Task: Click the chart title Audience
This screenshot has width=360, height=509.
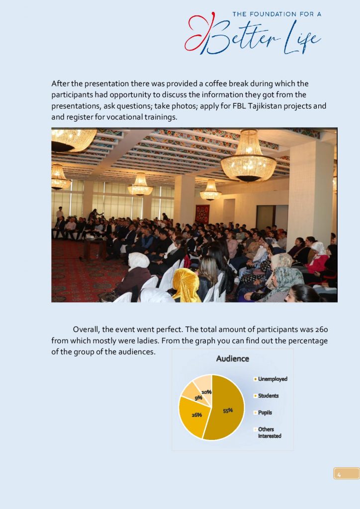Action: click(232, 358)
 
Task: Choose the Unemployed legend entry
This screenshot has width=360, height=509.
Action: click(272, 379)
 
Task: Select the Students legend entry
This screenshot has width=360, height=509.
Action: click(268, 396)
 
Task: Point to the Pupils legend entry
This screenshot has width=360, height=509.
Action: click(265, 413)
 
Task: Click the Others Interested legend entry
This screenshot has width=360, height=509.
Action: click(269, 432)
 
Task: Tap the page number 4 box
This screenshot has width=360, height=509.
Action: click(346, 473)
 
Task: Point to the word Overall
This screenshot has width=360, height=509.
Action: click(87, 330)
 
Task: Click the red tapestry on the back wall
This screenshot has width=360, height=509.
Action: click(202, 214)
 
